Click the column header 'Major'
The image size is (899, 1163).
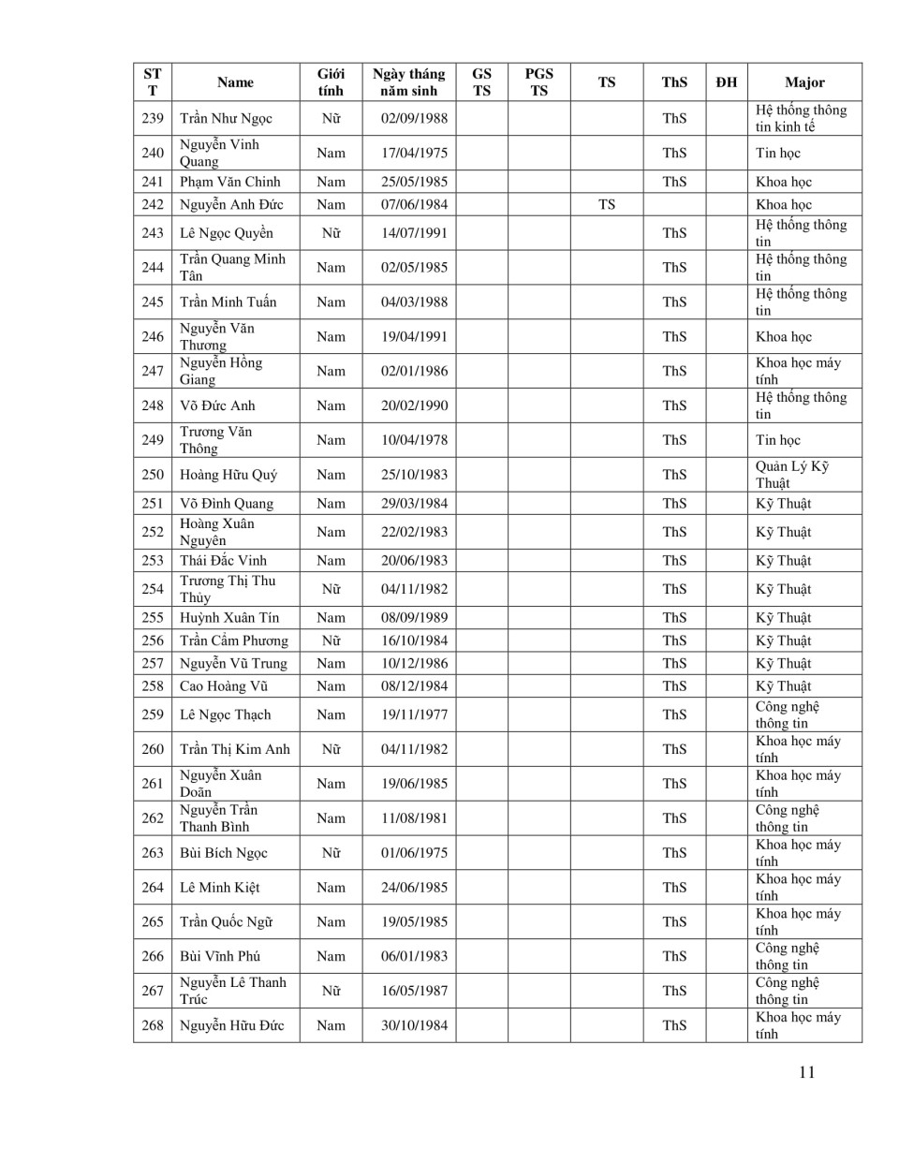(x=804, y=82)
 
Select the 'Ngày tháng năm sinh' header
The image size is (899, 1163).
(x=409, y=82)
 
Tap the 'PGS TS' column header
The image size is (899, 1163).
(x=538, y=82)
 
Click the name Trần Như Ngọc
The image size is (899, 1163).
(x=226, y=118)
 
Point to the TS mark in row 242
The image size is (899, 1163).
(x=607, y=204)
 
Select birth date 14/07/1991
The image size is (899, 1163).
(x=414, y=233)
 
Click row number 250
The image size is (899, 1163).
(x=153, y=475)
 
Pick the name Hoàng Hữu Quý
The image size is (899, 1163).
(x=228, y=475)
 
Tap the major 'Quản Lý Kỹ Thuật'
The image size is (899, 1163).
(x=792, y=475)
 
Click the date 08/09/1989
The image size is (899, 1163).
(x=414, y=618)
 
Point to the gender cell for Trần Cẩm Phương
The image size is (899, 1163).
(x=331, y=640)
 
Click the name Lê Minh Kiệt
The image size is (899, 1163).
(x=220, y=888)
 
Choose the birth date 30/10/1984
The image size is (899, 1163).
(x=414, y=1025)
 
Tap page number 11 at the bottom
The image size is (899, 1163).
(x=807, y=1073)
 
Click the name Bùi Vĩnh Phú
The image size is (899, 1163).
(x=220, y=956)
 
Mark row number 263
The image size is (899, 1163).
(x=153, y=853)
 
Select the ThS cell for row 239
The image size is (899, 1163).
(x=674, y=118)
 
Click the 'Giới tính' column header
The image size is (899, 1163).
(x=331, y=82)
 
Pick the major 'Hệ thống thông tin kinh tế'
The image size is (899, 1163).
(x=801, y=118)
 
